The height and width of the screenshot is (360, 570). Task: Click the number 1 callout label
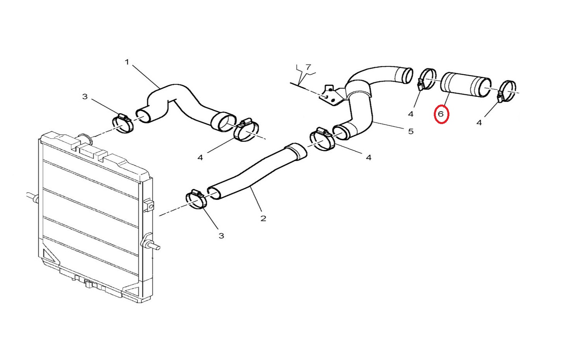[127, 62]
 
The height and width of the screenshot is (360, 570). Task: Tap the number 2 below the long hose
[263, 218]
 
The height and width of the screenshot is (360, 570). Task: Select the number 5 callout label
[411, 131]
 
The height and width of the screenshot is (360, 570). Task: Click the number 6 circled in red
[441, 114]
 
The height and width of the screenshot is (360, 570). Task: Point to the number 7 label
[308, 67]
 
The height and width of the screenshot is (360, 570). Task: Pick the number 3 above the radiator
[85, 97]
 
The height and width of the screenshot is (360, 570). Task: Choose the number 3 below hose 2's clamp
[221, 236]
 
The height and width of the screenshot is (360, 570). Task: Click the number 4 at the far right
[479, 123]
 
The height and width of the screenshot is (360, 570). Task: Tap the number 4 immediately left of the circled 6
[411, 114]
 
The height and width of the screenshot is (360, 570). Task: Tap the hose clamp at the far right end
[507, 91]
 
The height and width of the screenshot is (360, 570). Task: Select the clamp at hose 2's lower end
[196, 199]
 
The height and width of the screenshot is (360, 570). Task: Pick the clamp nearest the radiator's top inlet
[123, 124]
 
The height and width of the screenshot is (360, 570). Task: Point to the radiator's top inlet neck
[85, 139]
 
